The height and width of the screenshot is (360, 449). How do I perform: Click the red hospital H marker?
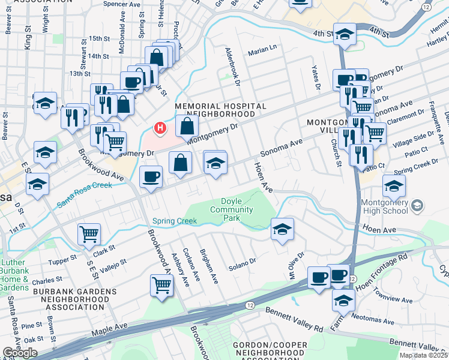click(x=160, y=127)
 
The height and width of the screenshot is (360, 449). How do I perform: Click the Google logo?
click(x=20, y=353)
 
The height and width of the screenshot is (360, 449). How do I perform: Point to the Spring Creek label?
click(x=174, y=221)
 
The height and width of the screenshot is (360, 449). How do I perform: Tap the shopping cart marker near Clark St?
click(x=89, y=234)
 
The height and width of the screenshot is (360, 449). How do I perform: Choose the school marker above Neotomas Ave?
click(x=343, y=299)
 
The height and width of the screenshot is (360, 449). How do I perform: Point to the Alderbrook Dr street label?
click(x=232, y=66)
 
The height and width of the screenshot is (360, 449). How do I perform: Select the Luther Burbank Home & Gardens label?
click(x=14, y=275)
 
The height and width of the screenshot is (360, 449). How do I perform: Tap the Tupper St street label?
click(x=63, y=260)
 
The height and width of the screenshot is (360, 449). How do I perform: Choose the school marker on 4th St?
click(x=345, y=34)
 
